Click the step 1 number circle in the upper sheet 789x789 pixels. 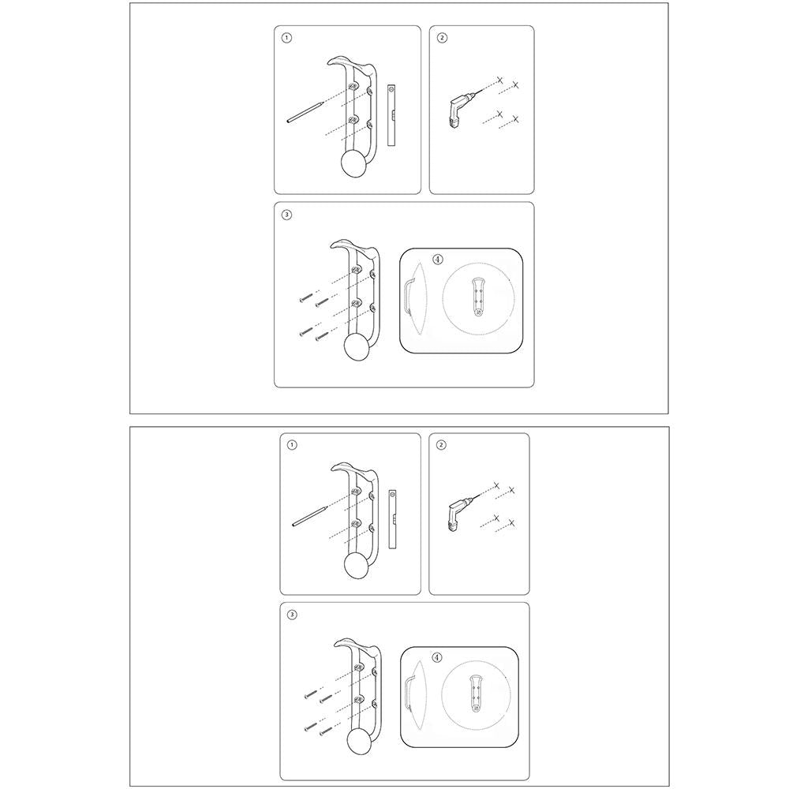click(x=286, y=37)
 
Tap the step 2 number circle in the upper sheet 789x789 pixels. click(x=441, y=37)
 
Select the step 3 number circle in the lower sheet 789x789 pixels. click(x=293, y=614)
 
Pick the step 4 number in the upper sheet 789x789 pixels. click(x=439, y=259)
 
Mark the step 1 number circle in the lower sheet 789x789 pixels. click(x=293, y=445)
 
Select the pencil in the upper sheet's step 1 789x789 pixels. click(x=305, y=111)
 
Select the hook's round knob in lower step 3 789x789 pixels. click(x=361, y=744)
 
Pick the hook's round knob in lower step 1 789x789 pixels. click(x=359, y=568)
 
